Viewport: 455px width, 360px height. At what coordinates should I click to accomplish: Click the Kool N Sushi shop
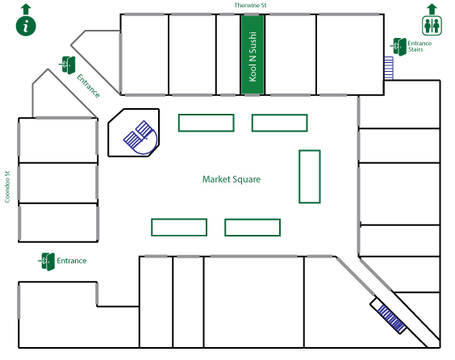[x=253, y=55]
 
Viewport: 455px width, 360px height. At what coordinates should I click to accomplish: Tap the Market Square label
[x=232, y=179]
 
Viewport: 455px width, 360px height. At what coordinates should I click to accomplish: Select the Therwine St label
[x=250, y=5]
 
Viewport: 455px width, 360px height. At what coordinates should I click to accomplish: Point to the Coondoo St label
[x=7, y=186]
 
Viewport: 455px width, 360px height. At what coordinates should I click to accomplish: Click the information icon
[x=26, y=26]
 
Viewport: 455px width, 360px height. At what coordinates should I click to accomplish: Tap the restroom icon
[x=432, y=26]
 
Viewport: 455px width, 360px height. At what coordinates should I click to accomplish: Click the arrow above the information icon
[x=26, y=9]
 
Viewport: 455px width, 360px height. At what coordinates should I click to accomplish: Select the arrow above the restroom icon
[x=432, y=9]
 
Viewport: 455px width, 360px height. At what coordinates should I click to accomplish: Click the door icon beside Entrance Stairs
[x=399, y=47]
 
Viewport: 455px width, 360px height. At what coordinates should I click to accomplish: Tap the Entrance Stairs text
[x=420, y=46]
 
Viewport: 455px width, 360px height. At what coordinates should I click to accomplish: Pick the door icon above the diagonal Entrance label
[x=68, y=65]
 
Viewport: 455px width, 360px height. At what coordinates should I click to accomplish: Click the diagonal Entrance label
[x=88, y=86]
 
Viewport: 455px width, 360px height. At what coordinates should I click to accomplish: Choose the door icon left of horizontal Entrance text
[x=47, y=262]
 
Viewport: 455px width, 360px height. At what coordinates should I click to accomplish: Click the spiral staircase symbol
[x=140, y=137]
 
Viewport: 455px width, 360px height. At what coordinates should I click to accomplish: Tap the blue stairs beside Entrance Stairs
[x=389, y=68]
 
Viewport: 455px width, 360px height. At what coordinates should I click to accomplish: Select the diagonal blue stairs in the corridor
[x=390, y=319]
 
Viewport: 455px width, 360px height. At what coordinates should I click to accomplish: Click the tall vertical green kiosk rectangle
[x=310, y=177]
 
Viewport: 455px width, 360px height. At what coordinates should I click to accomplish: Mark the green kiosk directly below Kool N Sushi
[x=279, y=123]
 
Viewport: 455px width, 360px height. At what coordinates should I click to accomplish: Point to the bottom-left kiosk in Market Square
[x=179, y=228]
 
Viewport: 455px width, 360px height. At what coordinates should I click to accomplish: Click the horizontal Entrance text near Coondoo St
[x=71, y=261]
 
